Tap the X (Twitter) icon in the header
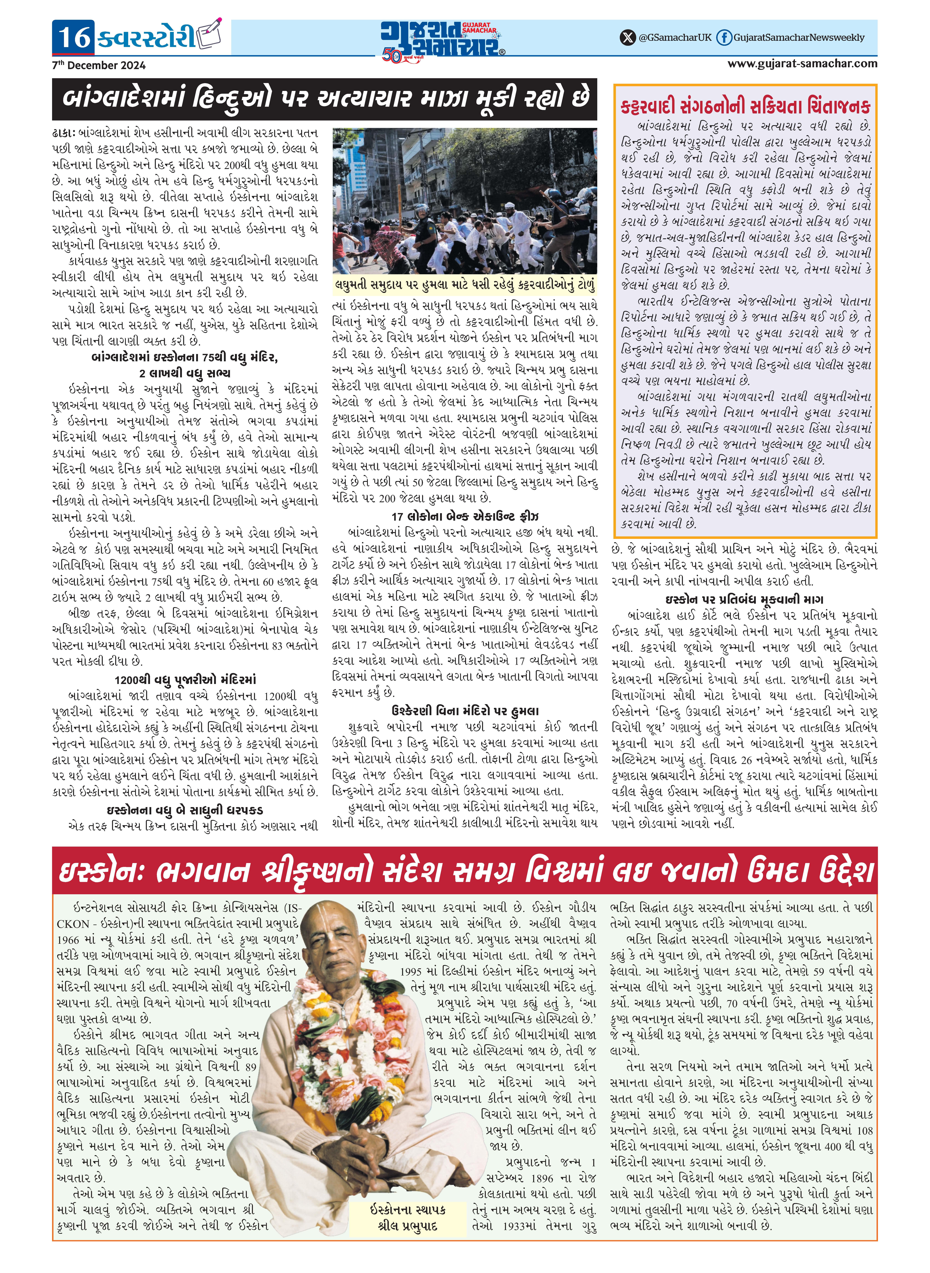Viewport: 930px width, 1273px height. pos(627,38)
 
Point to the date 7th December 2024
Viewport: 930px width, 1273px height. pos(99,65)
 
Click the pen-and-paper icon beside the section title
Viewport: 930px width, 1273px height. pos(210,35)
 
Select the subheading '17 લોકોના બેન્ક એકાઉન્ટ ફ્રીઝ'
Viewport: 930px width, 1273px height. pos(465,516)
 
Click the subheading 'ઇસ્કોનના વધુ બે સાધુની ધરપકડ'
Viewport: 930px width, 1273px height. pos(185,810)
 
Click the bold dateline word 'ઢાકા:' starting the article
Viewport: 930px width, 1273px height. pos(63,133)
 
